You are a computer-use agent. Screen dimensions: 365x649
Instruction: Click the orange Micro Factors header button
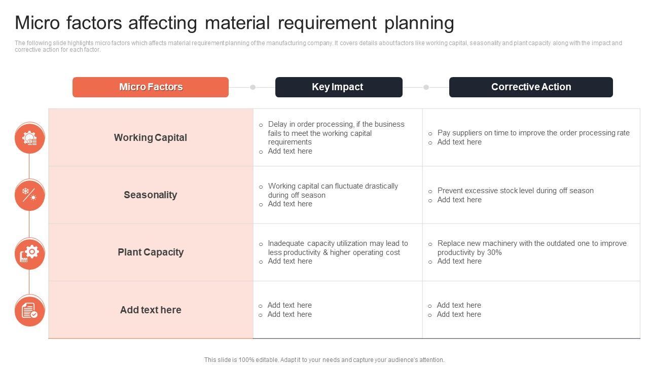click(151, 87)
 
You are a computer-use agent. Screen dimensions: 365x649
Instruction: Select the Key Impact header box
click(338, 87)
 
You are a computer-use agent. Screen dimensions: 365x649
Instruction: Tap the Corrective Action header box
click(531, 87)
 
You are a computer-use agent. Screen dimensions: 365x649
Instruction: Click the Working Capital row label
click(151, 137)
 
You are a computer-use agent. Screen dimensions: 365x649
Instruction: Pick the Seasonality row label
click(151, 195)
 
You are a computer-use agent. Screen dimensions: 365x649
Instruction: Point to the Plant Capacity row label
click(151, 252)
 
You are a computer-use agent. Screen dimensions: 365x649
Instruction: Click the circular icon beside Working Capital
click(30, 138)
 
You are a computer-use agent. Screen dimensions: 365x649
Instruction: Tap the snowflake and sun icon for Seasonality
click(30, 195)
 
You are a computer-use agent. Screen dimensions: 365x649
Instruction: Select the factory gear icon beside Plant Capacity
click(30, 253)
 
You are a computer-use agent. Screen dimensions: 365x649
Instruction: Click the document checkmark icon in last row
click(30, 311)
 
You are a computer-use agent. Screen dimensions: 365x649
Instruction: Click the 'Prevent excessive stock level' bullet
click(515, 191)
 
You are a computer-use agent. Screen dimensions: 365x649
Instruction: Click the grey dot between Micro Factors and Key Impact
click(253, 87)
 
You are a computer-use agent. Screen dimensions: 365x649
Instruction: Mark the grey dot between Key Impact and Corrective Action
click(426, 87)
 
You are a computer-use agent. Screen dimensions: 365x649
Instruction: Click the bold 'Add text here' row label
click(151, 310)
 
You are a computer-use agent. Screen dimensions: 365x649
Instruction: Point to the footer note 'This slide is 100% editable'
click(324, 360)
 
